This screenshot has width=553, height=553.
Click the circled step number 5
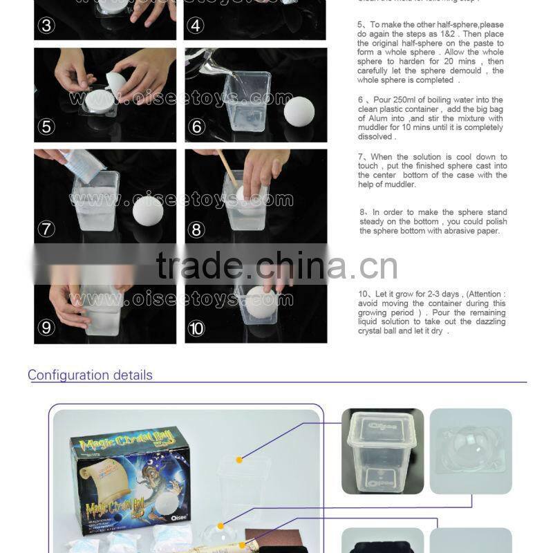click(x=47, y=126)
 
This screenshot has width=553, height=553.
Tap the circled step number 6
click(x=196, y=126)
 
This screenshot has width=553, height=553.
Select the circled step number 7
click(x=47, y=229)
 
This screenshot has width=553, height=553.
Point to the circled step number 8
click(x=196, y=229)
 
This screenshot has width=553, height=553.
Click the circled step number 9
click(x=47, y=328)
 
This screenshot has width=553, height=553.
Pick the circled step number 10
click(x=196, y=328)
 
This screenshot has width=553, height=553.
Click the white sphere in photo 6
click(x=299, y=111)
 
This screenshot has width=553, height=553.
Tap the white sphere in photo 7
click(x=147, y=209)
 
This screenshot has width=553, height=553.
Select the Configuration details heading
click(x=90, y=375)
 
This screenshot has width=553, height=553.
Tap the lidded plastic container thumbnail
click(x=382, y=451)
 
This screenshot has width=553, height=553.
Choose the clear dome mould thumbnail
click(x=471, y=451)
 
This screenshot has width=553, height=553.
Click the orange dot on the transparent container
click(x=239, y=459)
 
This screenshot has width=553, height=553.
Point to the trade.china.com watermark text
click(x=276, y=265)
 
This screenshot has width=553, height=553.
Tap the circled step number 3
click(x=47, y=27)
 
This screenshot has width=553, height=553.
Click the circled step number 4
click(x=196, y=27)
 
